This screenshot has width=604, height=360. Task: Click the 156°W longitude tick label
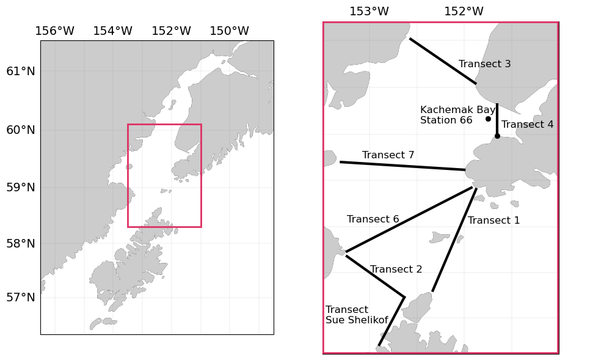click(54, 31)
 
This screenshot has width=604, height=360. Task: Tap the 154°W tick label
click(112, 31)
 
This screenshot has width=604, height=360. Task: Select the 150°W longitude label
click(229, 31)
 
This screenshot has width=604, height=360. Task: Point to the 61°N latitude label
click(21, 72)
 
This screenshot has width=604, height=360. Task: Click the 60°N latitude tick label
click(21, 130)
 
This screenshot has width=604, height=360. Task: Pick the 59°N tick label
click(21, 187)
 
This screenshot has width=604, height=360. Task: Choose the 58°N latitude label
click(21, 243)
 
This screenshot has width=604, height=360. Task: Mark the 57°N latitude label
click(21, 298)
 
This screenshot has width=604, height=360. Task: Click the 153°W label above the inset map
click(369, 12)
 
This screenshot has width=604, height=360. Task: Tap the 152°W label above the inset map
click(464, 12)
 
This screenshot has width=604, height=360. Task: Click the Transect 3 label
click(484, 64)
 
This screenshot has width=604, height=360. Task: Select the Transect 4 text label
click(527, 125)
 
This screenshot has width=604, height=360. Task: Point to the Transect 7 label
click(388, 155)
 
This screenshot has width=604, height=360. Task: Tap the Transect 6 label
click(373, 219)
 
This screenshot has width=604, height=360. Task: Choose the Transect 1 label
click(493, 221)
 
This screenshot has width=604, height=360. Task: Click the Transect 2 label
click(396, 270)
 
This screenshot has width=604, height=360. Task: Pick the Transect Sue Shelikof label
click(357, 315)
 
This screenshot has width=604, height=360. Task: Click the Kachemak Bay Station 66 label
click(457, 115)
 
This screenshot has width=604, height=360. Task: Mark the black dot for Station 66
click(488, 119)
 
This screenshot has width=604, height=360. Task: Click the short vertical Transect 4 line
click(497, 119)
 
